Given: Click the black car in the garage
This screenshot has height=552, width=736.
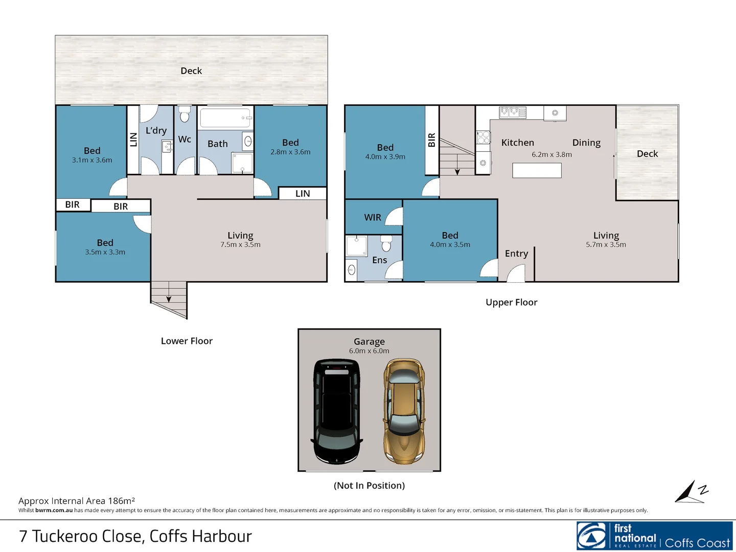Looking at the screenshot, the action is pyautogui.click(x=337, y=411).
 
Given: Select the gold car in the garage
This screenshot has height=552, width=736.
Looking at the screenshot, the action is pyautogui.click(x=404, y=411).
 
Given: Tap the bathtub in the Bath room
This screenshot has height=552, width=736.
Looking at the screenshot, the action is pyautogui.click(x=225, y=118).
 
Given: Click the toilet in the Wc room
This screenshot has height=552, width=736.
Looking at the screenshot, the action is pyautogui.click(x=185, y=114).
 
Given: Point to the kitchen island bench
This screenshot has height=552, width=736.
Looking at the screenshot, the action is pyautogui.click(x=537, y=170).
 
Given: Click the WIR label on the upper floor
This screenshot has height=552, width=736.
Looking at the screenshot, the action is pyautogui.click(x=373, y=218).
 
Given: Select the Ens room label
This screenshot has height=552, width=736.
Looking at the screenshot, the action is pyautogui.click(x=380, y=260).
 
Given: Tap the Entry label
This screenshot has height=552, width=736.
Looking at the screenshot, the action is pyautogui.click(x=516, y=254).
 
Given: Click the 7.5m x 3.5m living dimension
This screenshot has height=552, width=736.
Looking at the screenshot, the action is pyautogui.click(x=240, y=245).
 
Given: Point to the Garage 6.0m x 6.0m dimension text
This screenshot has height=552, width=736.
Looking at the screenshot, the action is pyautogui.click(x=369, y=351).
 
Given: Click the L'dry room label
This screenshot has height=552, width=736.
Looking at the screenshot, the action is pyautogui.click(x=156, y=130).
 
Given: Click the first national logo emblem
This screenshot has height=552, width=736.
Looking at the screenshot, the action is pyautogui.click(x=591, y=536).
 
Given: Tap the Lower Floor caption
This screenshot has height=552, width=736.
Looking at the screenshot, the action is pyautogui.click(x=187, y=341).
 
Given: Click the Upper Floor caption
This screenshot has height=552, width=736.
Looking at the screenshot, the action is pyautogui.click(x=511, y=302).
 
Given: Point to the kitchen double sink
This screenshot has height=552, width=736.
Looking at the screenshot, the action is pyautogui.click(x=512, y=112).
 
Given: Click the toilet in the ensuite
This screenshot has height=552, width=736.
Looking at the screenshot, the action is pyautogui.click(x=386, y=243).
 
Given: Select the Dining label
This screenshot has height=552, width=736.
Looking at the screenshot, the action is pyautogui.click(x=586, y=143).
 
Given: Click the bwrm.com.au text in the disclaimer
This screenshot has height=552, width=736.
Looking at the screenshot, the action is pyautogui.click(x=54, y=510).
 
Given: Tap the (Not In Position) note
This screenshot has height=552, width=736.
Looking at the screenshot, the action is pyautogui.click(x=369, y=486).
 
